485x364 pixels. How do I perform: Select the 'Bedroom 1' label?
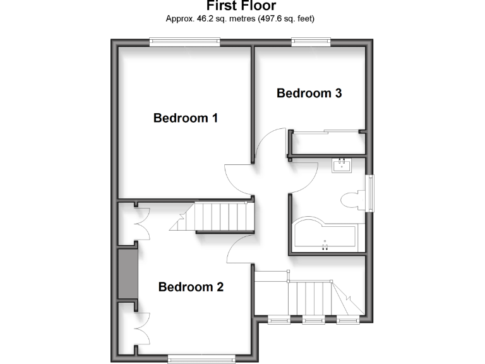pos(186,118)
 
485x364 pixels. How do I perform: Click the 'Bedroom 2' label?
pos(191,287)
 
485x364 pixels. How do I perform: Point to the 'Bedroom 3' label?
pos(309,94)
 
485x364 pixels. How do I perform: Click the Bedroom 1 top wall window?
pos(184,42)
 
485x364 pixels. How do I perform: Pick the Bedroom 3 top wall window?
pos(311,42)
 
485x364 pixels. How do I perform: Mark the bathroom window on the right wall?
pos(371,193)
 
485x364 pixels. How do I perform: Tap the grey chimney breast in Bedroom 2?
pos(128,274)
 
